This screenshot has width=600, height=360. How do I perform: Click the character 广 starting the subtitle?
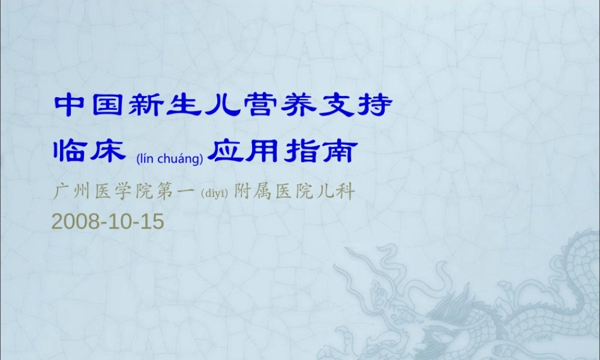point(59,193)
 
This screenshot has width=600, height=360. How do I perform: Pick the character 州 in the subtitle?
point(80,193)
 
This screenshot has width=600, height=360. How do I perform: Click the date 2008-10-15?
point(107,221)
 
